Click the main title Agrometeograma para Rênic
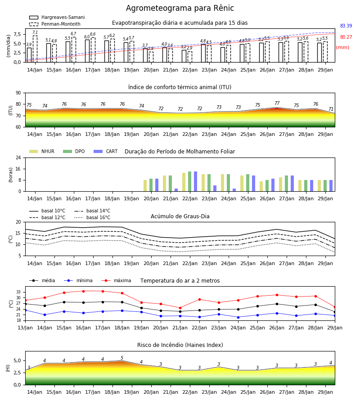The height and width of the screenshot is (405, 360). coord(180,8)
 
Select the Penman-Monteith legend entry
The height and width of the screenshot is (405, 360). coord(55,24)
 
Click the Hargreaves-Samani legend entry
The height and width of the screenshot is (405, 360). coord(57,17)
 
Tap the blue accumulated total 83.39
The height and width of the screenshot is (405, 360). coord(346,26)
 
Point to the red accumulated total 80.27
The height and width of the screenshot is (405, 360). coord(346,37)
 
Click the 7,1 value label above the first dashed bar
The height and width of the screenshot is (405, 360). coord(35,32)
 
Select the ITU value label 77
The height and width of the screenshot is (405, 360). coord(277,103)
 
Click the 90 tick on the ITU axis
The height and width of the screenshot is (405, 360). coord(18,93)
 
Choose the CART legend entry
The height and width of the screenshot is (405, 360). coord(106,151)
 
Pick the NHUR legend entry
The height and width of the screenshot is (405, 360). coord(42,151)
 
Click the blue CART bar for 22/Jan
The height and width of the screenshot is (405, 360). coord(195,181)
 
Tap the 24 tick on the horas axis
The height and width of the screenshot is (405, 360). coord(18,157)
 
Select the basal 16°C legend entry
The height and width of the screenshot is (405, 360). coord(92,217)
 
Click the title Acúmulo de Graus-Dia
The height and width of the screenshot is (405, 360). coord(180,216)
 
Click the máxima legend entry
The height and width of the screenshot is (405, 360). coord(116,280)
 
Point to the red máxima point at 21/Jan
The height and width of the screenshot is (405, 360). coord(180,308)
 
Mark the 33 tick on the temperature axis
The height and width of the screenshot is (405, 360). coord(18,292)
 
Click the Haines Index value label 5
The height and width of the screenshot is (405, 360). coord(122,358)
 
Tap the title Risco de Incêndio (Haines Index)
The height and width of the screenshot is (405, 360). coord(180,345)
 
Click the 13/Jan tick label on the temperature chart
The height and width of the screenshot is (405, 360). coord(25,328)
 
